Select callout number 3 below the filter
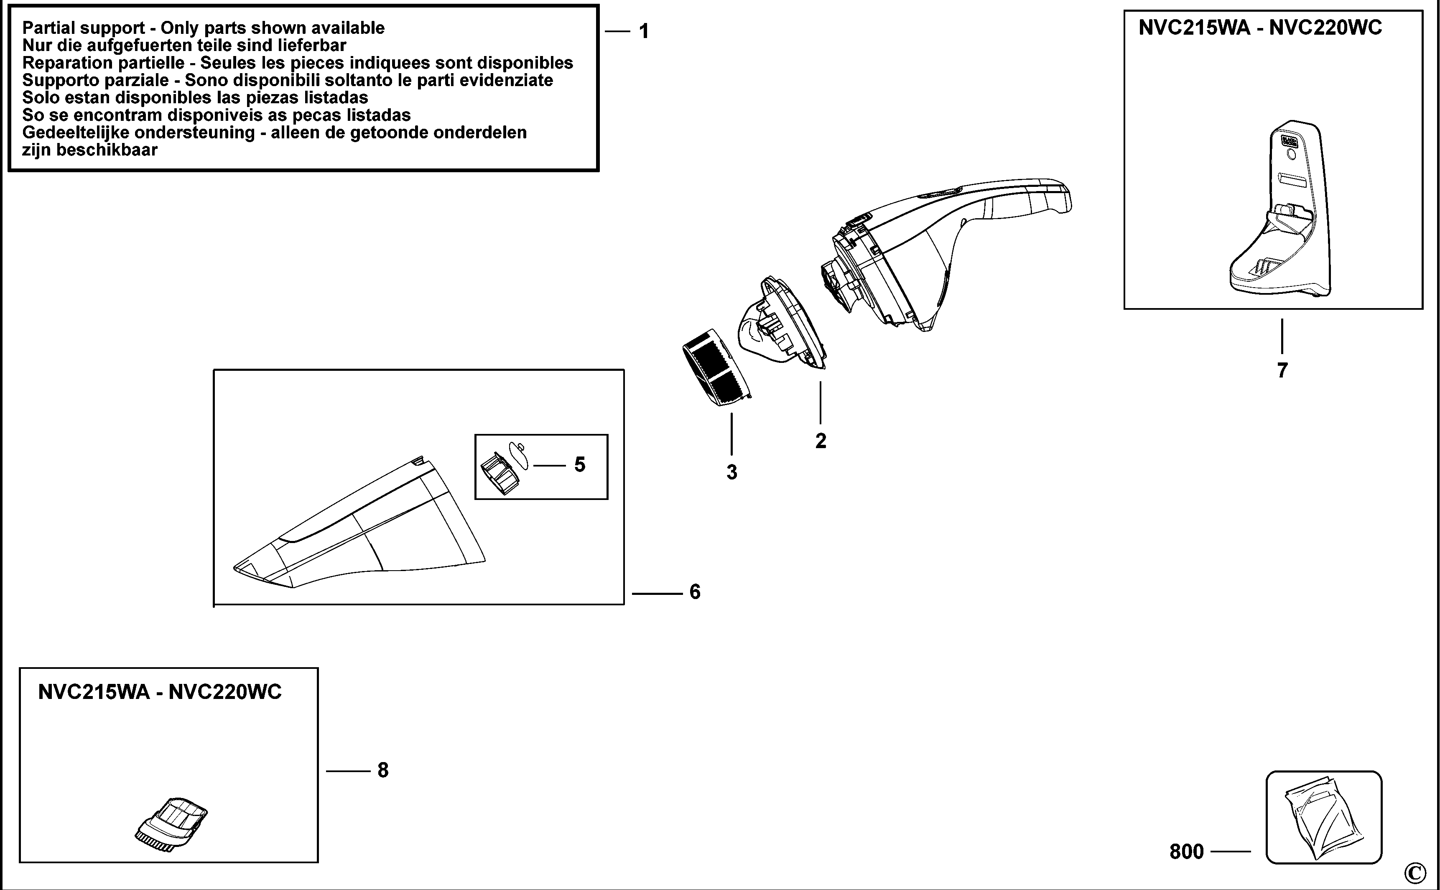731,472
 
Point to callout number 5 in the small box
580,465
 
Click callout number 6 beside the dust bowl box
695,592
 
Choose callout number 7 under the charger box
1282,370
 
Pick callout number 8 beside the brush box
383,770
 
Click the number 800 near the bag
1186,852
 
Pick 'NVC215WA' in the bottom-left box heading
94,691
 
